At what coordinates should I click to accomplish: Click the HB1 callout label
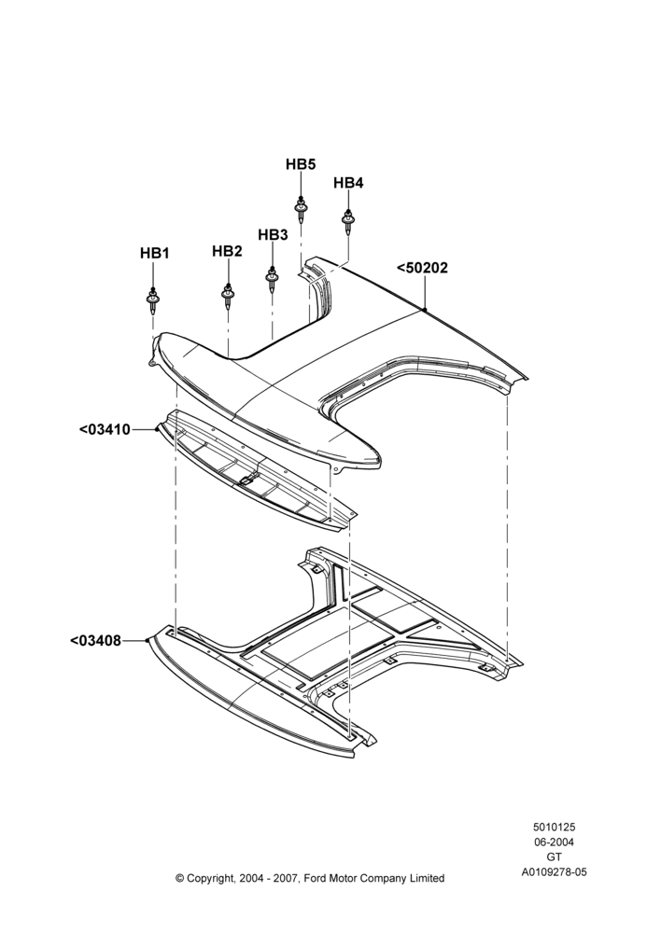coord(155,254)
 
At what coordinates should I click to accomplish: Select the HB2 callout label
coord(227,251)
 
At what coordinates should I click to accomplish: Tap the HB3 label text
coord(273,235)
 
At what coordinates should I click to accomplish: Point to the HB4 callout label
coord(348,183)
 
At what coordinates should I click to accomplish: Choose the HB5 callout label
coord(301,164)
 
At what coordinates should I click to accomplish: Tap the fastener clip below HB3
coord(272,279)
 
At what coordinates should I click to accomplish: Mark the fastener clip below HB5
coord(302,208)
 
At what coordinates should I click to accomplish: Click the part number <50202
coord(422,268)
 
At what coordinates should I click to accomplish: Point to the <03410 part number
coord(105,429)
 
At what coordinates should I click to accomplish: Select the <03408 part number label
coord(95,641)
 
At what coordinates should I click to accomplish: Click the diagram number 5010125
coord(554,827)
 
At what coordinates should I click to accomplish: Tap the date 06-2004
coord(554,842)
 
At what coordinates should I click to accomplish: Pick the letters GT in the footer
coord(554,857)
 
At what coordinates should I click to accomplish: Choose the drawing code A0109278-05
coord(554,872)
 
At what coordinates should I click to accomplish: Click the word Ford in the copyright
coord(316,878)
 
